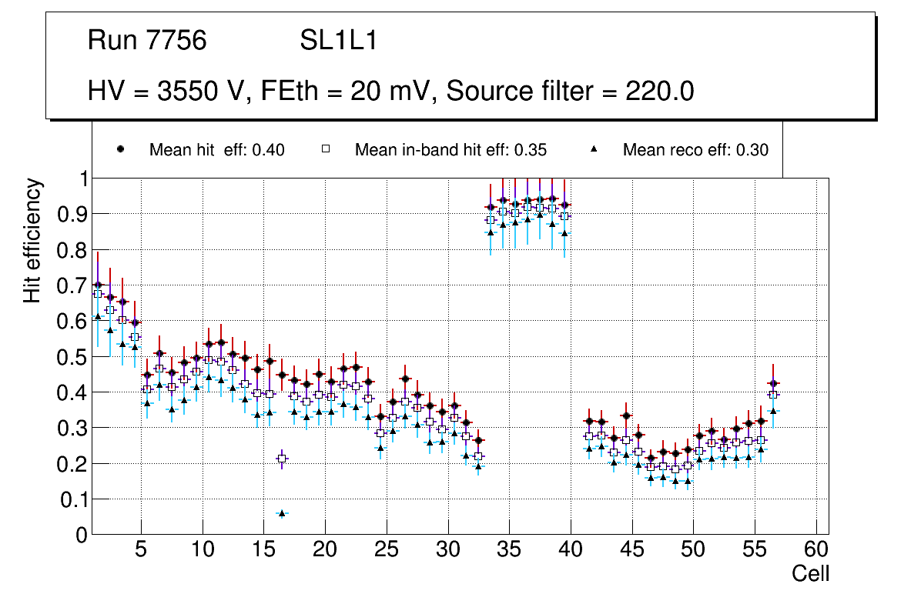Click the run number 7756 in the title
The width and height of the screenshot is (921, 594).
[177, 41]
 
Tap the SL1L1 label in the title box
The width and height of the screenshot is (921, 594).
[338, 41]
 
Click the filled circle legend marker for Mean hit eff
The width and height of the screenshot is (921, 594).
[121, 150]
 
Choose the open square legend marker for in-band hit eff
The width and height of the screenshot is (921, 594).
[325, 150]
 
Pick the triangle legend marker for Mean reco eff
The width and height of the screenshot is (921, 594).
[594, 150]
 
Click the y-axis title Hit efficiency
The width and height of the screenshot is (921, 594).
[32, 241]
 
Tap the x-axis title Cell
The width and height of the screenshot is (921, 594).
[811, 574]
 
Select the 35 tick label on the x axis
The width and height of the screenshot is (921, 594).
[509, 551]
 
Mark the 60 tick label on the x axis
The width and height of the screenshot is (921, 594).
[816, 551]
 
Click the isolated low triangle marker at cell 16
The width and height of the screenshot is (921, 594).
[282, 513]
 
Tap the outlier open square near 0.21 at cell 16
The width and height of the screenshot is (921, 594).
[282, 459]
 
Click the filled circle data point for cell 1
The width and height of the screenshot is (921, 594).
[98, 285]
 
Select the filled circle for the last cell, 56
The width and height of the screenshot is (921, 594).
[773, 383]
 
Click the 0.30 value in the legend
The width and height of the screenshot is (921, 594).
[752, 151]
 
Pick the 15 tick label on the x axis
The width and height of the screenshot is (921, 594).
[263, 551]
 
